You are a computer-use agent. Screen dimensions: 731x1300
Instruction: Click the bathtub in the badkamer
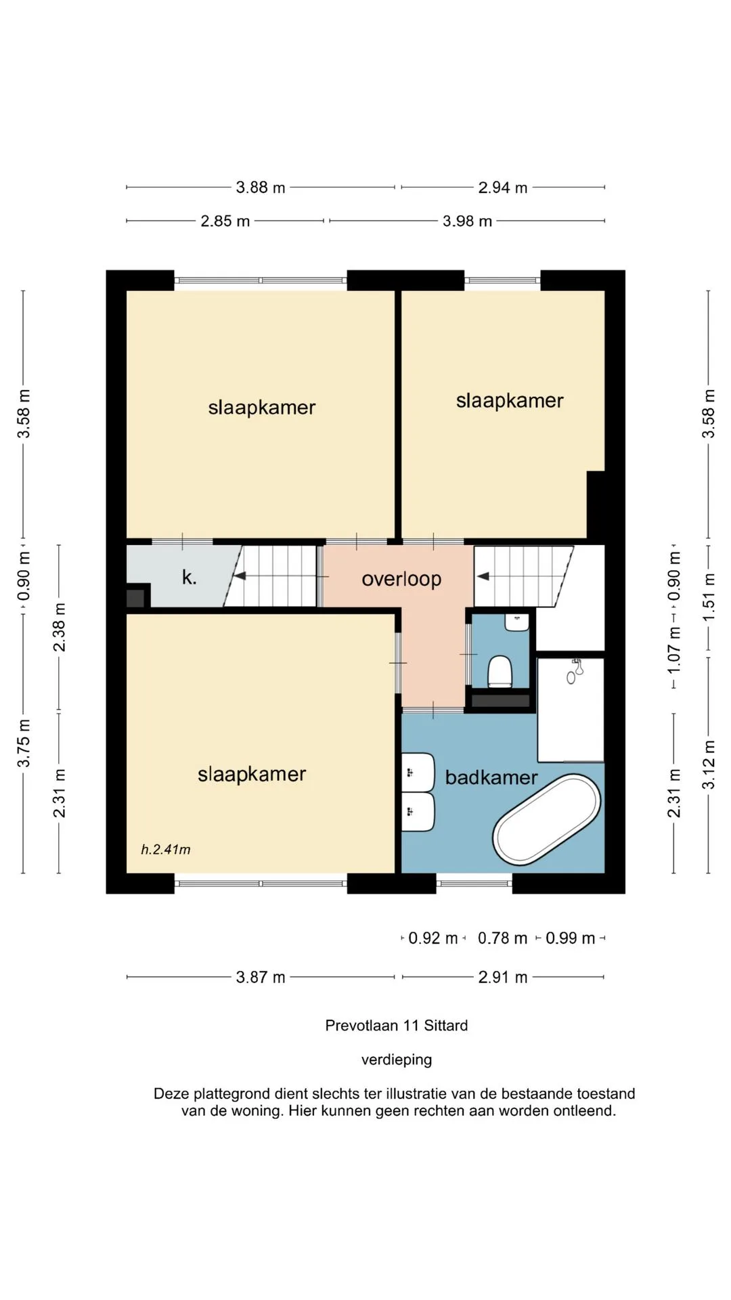pyautogui.click(x=547, y=820)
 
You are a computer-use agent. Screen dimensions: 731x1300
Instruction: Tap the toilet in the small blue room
pyautogui.click(x=501, y=672)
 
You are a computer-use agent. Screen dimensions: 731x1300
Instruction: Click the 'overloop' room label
pyautogui.click(x=401, y=580)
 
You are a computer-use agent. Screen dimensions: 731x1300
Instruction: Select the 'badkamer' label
pyautogui.click(x=491, y=777)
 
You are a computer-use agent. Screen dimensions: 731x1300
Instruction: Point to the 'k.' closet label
pyautogui.click(x=190, y=578)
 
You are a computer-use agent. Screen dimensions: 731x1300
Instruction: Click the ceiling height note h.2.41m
pyautogui.click(x=166, y=849)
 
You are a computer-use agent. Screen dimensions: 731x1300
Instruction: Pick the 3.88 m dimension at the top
pyautogui.click(x=261, y=188)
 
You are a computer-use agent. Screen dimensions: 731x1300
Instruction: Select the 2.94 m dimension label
pyautogui.click(x=503, y=188)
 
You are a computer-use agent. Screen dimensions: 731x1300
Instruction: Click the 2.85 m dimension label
pyautogui.click(x=225, y=221)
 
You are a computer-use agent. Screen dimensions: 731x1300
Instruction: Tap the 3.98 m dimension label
pyautogui.click(x=468, y=221)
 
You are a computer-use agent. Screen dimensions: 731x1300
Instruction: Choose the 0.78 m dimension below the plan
pyautogui.click(x=502, y=938)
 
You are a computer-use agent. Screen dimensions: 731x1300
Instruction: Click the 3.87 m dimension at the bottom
pyautogui.click(x=261, y=977)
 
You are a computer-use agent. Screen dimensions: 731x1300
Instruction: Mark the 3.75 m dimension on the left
pyautogui.click(x=24, y=743)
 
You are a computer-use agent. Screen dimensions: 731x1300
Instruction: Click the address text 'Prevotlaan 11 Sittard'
pyautogui.click(x=397, y=1025)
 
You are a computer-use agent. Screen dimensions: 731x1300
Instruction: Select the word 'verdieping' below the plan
pyautogui.click(x=397, y=1060)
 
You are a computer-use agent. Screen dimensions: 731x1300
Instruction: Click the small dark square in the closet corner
pyautogui.click(x=135, y=599)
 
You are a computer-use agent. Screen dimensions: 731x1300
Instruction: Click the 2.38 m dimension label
pyautogui.click(x=60, y=627)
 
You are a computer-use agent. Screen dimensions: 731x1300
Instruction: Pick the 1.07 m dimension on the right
pyautogui.click(x=674, y=650)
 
